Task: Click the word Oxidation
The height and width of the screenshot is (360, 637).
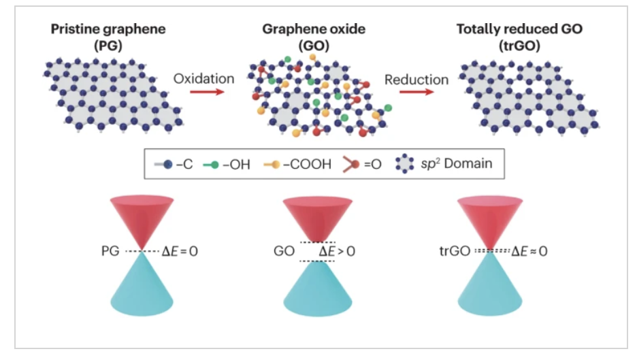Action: [203, 79]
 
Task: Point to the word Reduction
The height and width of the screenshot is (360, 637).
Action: [416, 80]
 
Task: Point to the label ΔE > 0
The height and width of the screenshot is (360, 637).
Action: [337, 251]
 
